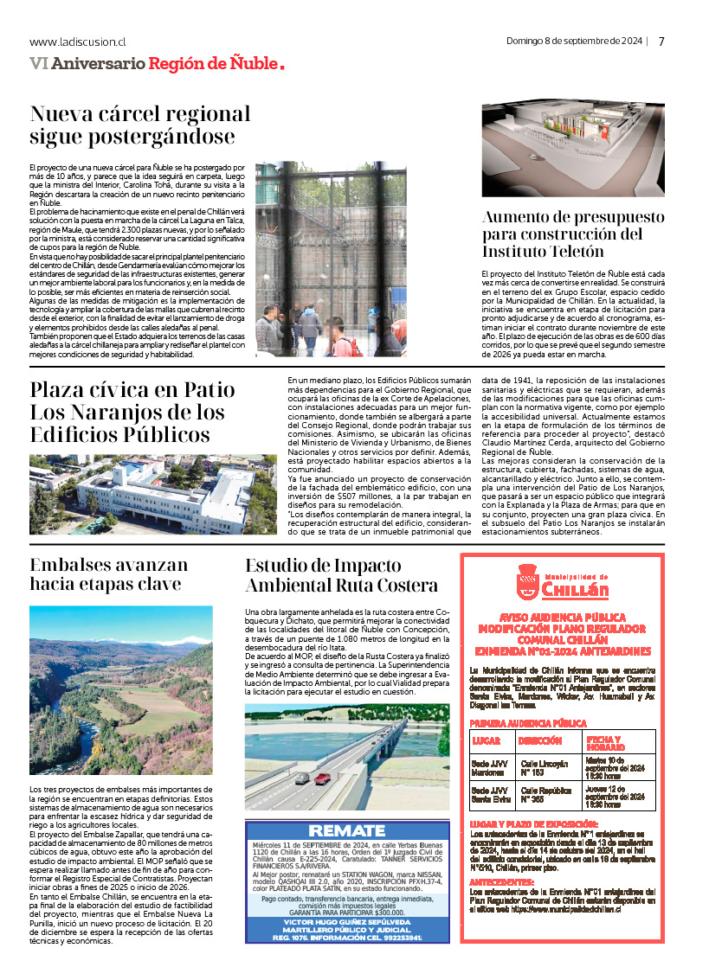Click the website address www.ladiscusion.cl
coord(78,42)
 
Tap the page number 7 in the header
coord(661,42)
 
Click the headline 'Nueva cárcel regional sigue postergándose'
coord(140,125)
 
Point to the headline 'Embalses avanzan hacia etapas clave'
coord(109,575)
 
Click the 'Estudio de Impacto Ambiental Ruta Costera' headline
coord(341,575)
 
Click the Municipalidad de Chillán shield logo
coord(528,580)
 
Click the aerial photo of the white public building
coord(153,494)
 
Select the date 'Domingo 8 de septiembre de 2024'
coord(575,41)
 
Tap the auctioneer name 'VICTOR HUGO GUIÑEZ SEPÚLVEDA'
coord(347,922)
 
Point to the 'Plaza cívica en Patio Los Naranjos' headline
coord(132,412)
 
